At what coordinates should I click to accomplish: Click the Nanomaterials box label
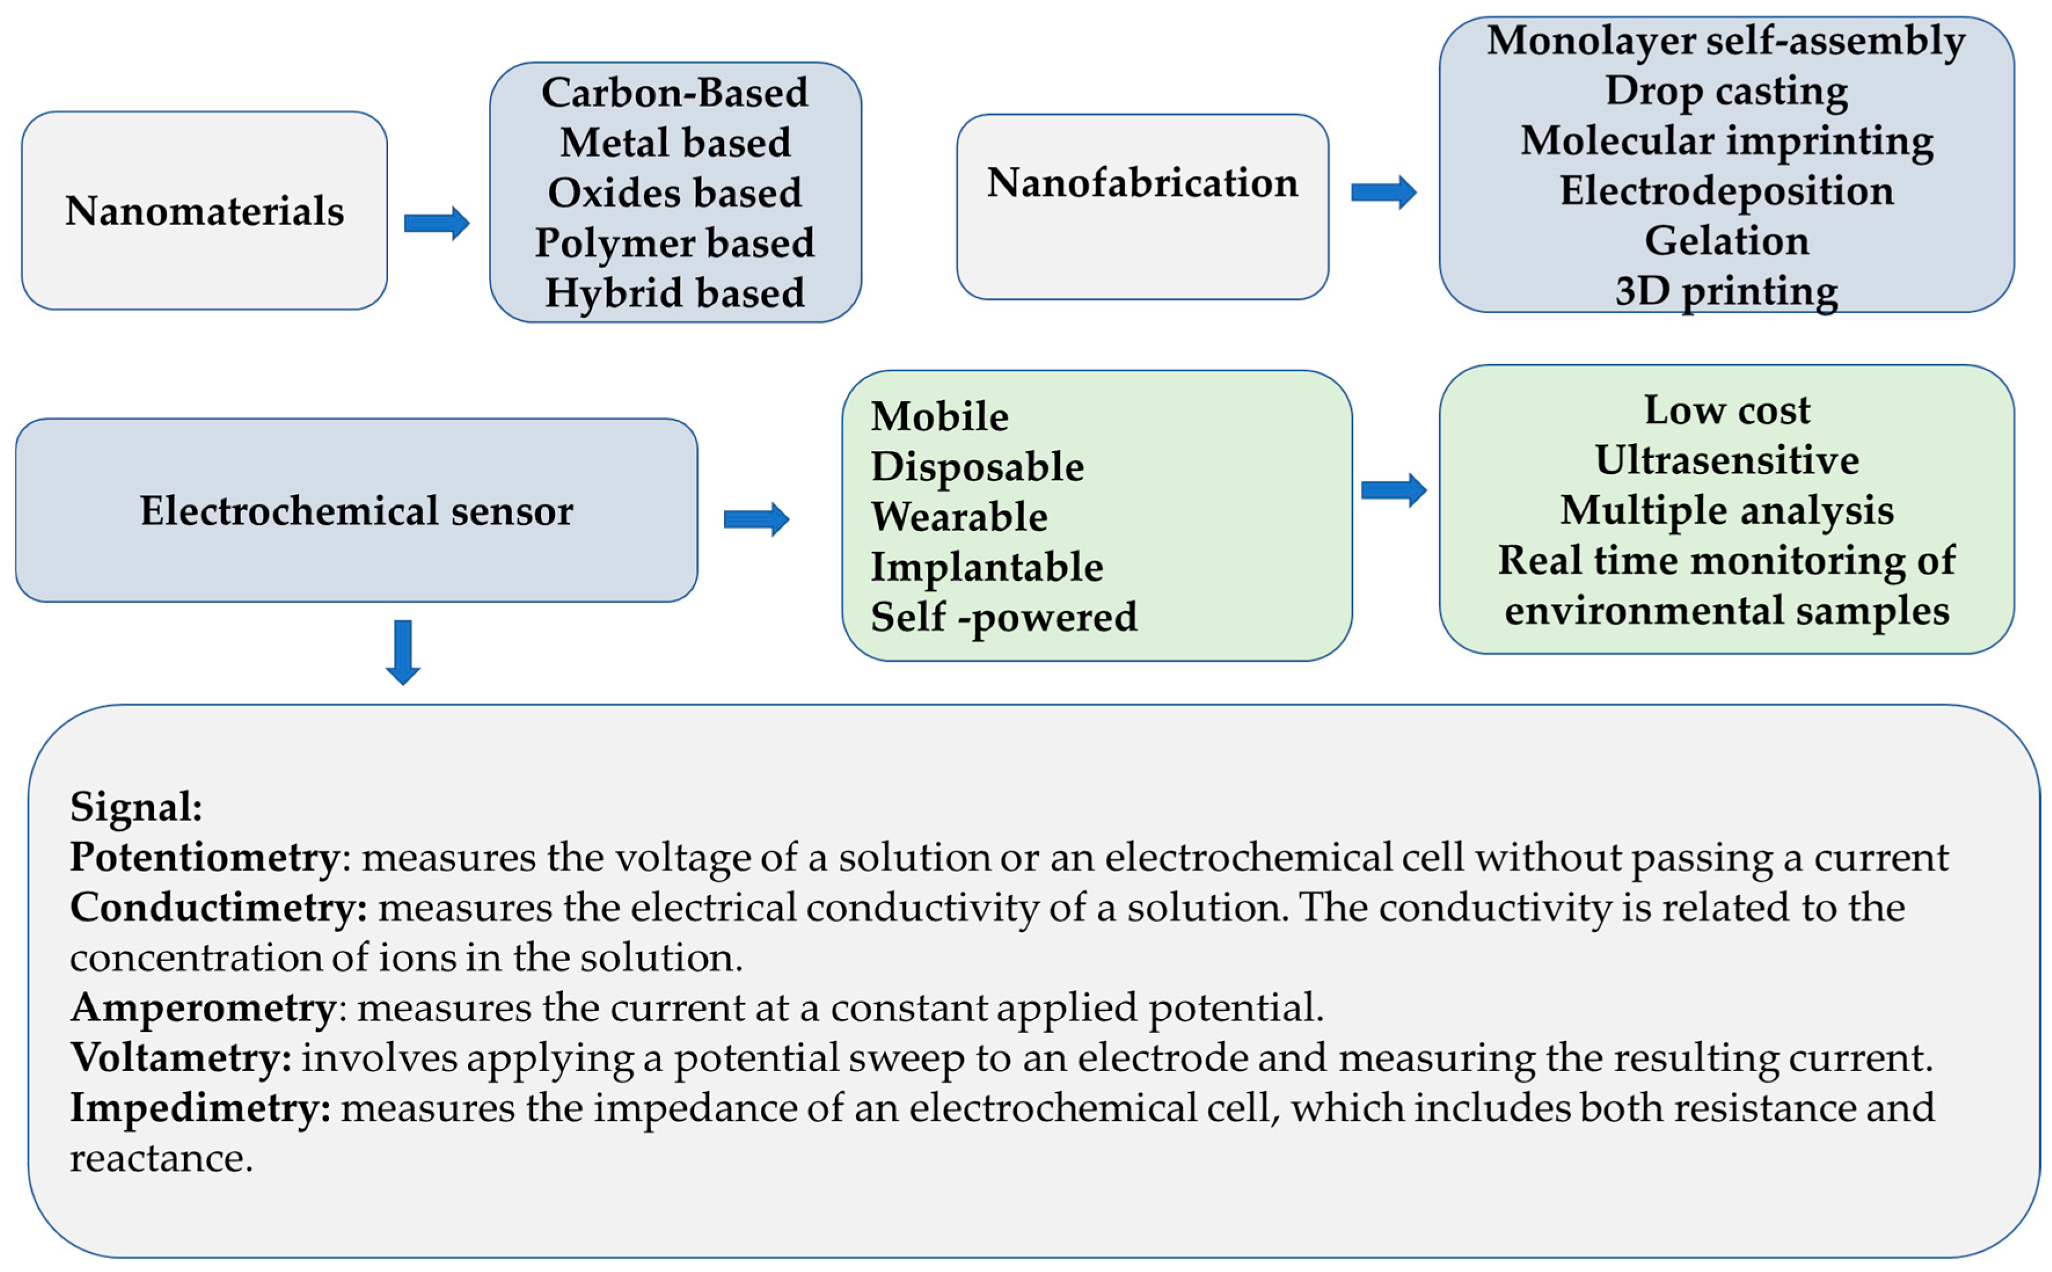204,210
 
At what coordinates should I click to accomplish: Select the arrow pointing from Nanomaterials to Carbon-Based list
436,223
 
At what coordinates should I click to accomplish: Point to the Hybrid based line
674,293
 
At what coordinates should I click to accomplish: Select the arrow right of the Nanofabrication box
1382,193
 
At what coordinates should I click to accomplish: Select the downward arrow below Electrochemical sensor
403,652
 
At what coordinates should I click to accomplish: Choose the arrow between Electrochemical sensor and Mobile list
755,519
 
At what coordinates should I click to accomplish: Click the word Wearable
959,516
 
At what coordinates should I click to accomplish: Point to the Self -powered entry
1003,617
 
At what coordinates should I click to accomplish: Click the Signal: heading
136,807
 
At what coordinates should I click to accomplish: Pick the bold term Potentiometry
204,857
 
